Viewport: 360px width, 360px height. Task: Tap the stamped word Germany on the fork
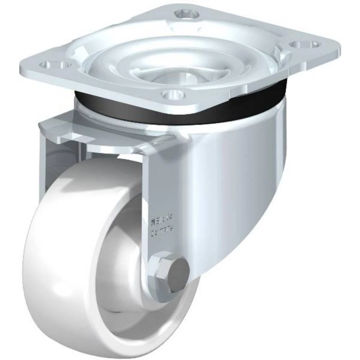pos(162,229)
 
